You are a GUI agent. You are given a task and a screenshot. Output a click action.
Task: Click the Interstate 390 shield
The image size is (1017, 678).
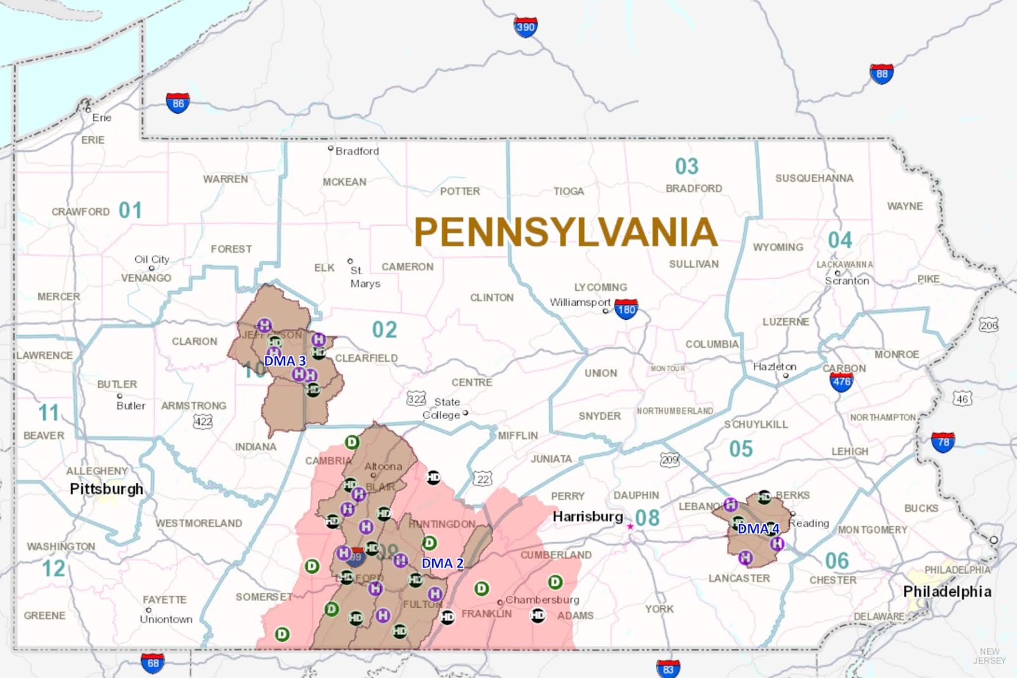pos(526,27)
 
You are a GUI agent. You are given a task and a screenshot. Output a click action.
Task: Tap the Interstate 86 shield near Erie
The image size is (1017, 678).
pos(178,103)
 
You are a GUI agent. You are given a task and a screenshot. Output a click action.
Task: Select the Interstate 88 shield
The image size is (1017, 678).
pos(882,74)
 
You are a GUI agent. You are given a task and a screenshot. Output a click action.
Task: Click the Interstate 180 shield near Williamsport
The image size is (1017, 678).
pos(626,310)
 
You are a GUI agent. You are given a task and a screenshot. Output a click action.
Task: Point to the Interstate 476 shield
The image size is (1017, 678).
pos(842,382)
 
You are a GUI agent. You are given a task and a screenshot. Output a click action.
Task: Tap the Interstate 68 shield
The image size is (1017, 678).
pos(153,663)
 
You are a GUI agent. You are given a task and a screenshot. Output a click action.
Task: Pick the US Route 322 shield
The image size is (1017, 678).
pos(416,399)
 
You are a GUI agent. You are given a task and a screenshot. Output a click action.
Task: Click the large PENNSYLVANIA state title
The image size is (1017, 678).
pos(566,232)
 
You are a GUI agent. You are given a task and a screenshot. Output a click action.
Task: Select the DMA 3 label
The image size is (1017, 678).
pos(285,361)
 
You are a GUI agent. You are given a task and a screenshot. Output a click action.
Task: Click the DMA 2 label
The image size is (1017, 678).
pos(442,564)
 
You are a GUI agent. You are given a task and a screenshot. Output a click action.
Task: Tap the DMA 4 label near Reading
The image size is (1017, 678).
pos(758,529)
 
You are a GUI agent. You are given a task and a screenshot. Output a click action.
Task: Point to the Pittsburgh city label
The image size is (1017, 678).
pos(106,488)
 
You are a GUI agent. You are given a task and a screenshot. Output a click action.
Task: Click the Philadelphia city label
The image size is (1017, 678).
pos(947,592)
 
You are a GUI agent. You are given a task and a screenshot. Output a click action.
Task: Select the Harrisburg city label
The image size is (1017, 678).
pos(587,516)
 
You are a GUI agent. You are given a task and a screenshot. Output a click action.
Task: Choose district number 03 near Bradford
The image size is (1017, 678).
pos(686,167)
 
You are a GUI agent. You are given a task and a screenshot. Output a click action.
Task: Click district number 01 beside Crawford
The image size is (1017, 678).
pos(130,211)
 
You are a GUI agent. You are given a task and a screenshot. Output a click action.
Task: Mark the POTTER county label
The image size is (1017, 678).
pos(460,191)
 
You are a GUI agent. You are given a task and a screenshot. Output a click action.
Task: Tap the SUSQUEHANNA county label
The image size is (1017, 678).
pos(814,178)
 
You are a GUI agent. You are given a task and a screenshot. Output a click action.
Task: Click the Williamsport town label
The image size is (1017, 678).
pos(580,302)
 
